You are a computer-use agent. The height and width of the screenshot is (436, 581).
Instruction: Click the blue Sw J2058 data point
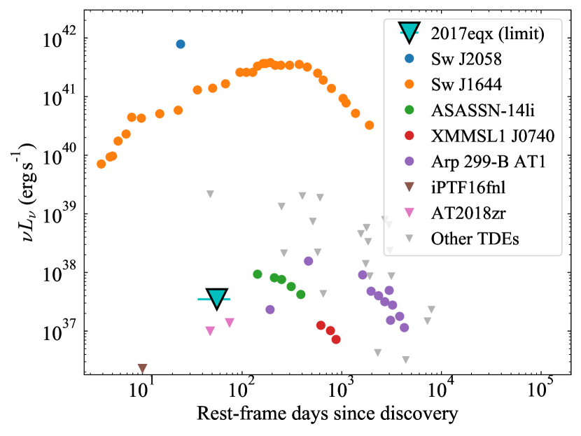pyautogui.click(x=181, y=44)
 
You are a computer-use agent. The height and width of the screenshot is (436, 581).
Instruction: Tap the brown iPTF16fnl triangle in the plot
pyautogui.click(x=143, y=368)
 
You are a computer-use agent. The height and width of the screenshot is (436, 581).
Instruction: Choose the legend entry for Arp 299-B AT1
pyautogui.click(x=488, y=162)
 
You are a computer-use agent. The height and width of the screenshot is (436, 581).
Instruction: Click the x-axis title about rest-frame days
pyautogui.click(x=328, y=414)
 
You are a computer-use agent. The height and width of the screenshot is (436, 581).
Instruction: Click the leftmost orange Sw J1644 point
pyautogui.click(x=101, y=164)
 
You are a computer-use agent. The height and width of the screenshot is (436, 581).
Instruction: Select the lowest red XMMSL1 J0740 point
pyautogui.click(x=336, y=339)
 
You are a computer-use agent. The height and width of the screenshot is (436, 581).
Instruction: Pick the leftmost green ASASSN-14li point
pyautogui.click(x=258, y=274)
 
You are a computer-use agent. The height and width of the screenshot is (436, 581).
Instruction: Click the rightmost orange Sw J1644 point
pyautogui.click(x=370, y=125)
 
